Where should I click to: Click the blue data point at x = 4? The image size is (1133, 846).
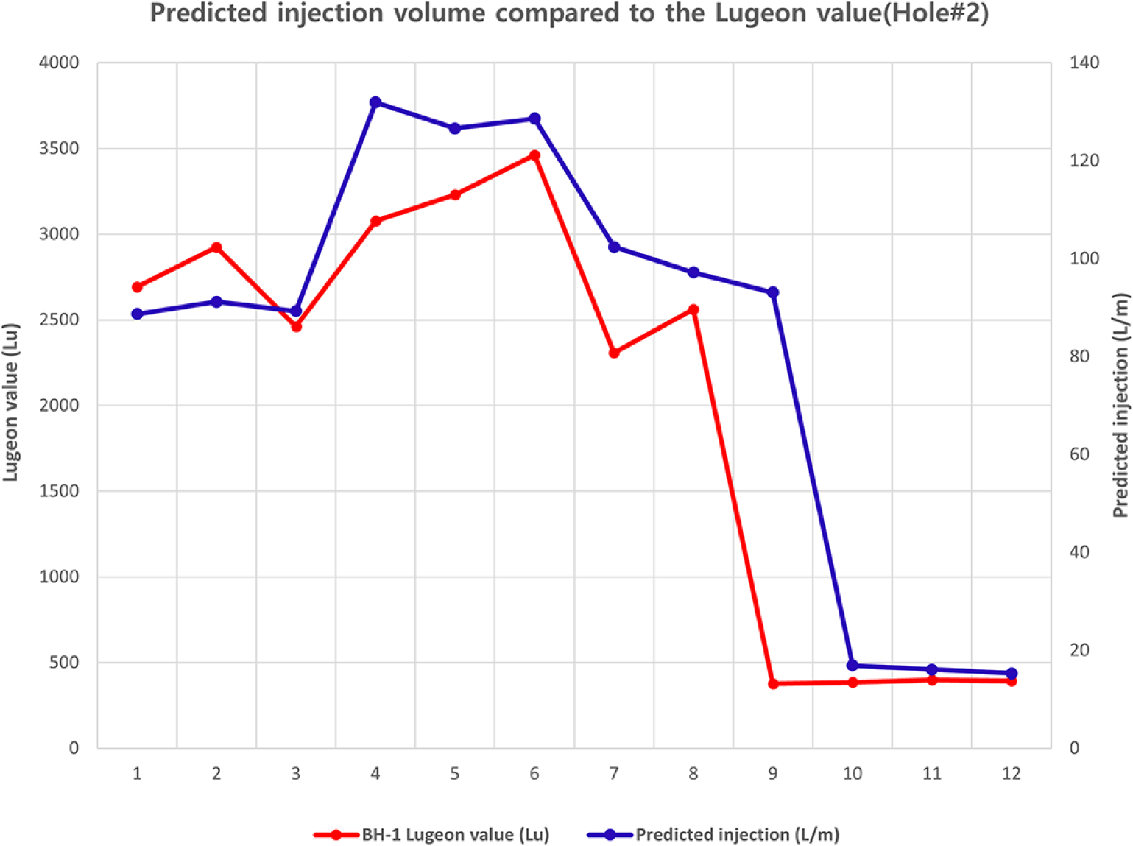(x=375, y=102)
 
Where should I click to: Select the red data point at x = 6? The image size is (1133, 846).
(x=534, y=155)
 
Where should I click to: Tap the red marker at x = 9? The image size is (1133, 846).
(x=773, y=684)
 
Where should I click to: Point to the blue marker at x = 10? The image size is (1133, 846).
(x=853, y=666)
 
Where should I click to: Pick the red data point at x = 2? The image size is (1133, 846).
(x=216, y=247)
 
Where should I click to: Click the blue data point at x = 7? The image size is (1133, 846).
(x=614, y=247)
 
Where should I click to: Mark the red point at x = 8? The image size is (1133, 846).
(x=693, y=310)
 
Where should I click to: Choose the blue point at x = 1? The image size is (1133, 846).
(x=137, y=314)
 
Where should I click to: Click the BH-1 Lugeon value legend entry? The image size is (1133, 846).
(x=454, y=835)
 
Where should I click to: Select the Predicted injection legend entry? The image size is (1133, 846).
(x=736, y=835)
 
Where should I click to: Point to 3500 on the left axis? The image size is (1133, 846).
(x=59, y=149)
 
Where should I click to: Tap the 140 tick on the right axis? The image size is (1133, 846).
(x=1084, y=63)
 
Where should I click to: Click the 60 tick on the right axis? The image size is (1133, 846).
(x=1079, y=454)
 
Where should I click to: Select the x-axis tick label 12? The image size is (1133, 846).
(x=1012, y=774)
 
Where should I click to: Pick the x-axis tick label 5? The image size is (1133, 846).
(x=455, y=774)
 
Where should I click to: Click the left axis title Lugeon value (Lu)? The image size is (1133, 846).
(x=10, y=402)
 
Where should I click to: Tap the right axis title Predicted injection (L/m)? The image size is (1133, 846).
(x=1120, y=405)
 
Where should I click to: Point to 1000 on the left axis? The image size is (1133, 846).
(x=59, y=577)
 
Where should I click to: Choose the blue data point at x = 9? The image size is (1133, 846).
(x=773, y=293)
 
